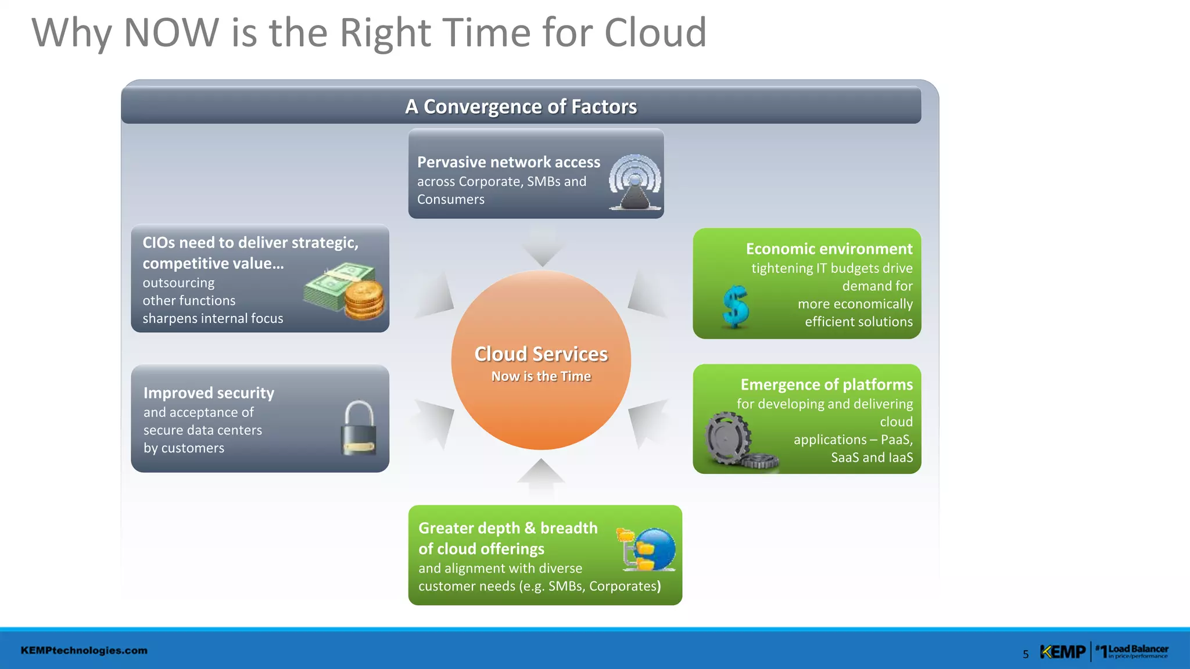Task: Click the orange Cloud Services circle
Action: point(541,407)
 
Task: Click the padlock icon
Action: point(358,429)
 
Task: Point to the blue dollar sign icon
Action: point(736,307)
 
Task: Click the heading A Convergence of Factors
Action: point(521,107)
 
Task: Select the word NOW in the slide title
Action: point(171,33)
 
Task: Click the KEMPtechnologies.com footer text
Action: point(84,650)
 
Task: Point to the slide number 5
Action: point(1026,654)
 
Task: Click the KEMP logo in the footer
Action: point(1062,652)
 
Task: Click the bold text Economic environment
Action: point(829,249)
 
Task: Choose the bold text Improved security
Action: point(209,393)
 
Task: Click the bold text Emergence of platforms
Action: point(826,384)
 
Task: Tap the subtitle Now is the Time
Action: point(541,376)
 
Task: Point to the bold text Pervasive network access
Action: point(508,162)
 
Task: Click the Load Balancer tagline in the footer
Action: point(1138,651)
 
